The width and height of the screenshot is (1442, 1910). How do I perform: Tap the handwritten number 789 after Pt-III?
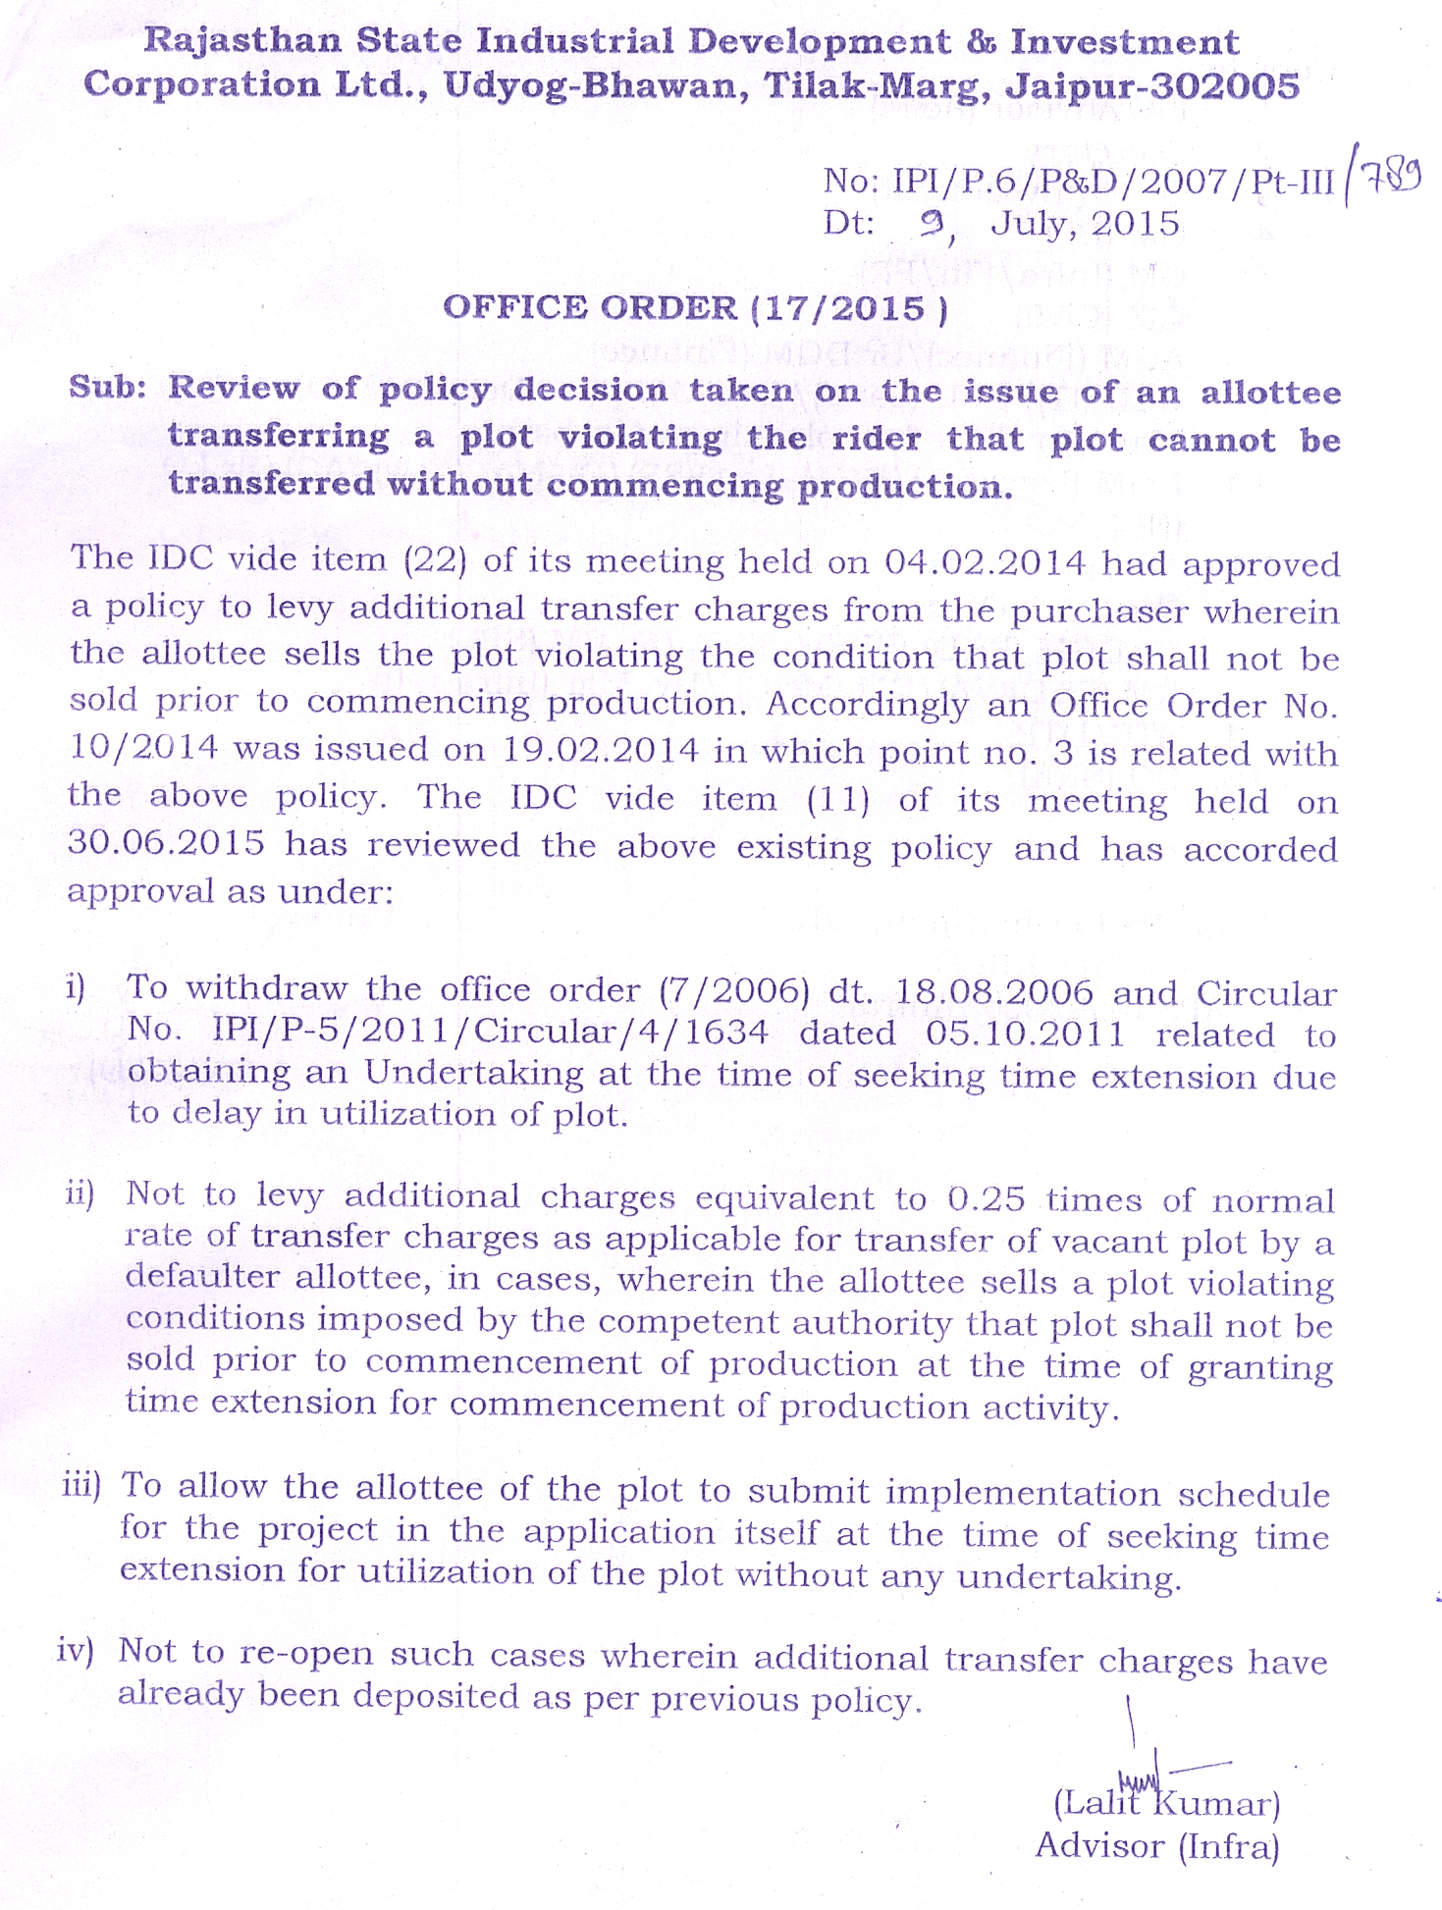(1388, 178)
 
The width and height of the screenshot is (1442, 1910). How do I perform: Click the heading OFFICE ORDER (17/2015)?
(696, 308)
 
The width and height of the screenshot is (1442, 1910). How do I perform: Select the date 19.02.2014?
(601, 751)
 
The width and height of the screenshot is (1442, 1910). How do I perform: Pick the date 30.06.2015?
(166, 843)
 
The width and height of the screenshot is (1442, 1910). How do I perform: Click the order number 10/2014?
(143, 749)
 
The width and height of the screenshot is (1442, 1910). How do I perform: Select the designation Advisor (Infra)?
(1157, 1846)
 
